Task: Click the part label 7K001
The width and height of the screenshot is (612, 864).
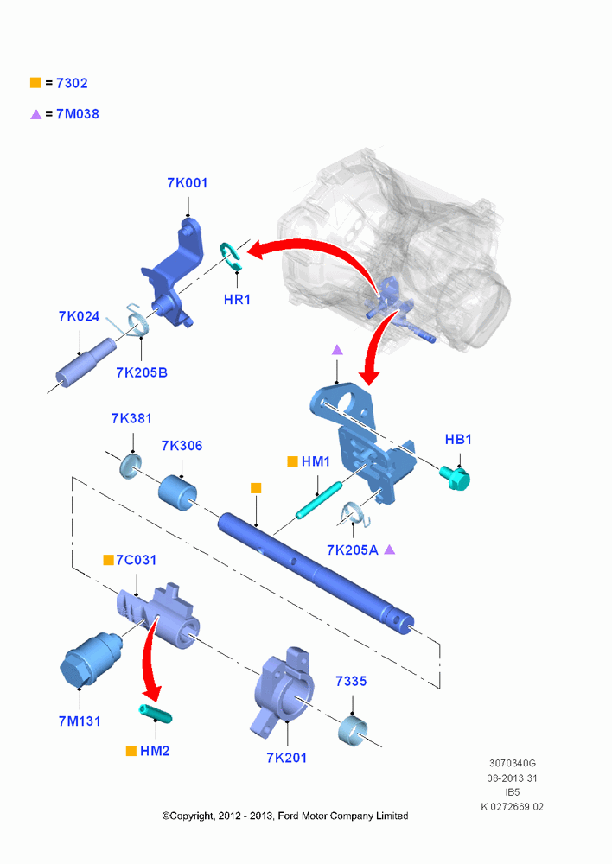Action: coord(188,183)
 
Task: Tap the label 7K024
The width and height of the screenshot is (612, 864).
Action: coord(79,316)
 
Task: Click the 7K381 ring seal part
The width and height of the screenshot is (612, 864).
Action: coord(131,467)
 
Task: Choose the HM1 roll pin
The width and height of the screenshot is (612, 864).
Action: coord(319,500)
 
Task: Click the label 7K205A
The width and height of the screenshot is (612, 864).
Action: coord(353,550)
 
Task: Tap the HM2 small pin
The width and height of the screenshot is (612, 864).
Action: coord(155,714)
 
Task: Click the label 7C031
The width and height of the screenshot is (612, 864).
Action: coord(137,560)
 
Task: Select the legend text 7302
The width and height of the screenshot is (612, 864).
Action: coord(73,83)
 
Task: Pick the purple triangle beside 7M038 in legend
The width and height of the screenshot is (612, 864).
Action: coord(35,114)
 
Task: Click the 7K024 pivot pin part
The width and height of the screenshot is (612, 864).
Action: coord(86,363)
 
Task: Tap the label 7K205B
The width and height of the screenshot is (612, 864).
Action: coord(142,372)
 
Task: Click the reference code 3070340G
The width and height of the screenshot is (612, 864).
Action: coord(513,763)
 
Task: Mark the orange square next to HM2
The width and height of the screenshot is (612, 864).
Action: coord(131,751)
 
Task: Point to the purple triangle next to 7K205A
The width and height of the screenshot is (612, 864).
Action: coord(389,550)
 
